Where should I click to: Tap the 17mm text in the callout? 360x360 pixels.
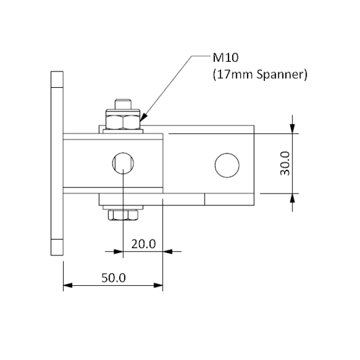tap(233, 74)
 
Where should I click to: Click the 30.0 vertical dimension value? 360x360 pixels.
tap(285, 163)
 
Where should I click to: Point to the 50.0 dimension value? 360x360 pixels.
tap(113, 278)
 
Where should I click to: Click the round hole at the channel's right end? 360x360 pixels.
tap(226, 164)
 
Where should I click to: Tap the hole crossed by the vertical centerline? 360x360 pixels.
tap(123, 164)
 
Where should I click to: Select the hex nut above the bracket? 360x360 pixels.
tap(123, 120)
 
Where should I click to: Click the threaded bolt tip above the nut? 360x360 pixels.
tap(123, 104)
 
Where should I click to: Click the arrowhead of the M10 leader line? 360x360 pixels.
tap(142, 119)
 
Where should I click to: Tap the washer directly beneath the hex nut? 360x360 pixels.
tap(123, 130)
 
